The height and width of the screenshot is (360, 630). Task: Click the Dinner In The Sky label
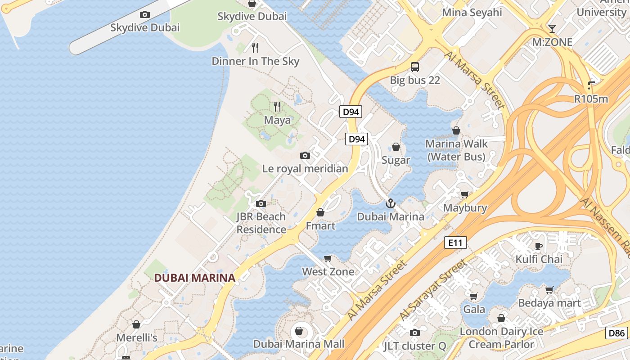tap(255, 61)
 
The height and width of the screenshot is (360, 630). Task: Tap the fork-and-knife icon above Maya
tap(277, 107)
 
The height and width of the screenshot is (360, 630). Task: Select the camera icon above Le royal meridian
tap(305, 156)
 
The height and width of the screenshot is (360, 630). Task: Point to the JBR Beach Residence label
tap(261, 223)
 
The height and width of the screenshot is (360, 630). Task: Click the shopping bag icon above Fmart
tap(320, 212)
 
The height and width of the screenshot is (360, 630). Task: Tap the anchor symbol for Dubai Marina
tap(390, 203)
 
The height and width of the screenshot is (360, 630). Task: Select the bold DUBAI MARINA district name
tap(194, 278)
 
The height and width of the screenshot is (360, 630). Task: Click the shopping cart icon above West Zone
tap(328, 258)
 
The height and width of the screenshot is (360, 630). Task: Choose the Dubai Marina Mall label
tap(299, 344)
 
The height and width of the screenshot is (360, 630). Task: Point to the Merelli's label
tap(136, 337)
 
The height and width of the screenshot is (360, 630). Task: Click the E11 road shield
tap(455, 243)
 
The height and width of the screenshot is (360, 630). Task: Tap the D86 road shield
tap(616, 333)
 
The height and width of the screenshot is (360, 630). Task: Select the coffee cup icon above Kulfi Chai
tap(539, 246)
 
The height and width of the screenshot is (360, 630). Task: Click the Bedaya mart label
tap(549, 303)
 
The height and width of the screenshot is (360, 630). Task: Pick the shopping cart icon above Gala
tap(473, 297)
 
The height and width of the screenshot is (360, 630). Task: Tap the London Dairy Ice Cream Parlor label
tap(501, 338)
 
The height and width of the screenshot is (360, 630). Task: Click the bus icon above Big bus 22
tap(415, 67)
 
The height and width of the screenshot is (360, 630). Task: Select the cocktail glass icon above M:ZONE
tap(552, 29)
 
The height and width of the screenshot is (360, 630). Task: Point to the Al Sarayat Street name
tap(432, 290)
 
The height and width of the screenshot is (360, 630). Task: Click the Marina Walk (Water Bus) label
tap(456, 150)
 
